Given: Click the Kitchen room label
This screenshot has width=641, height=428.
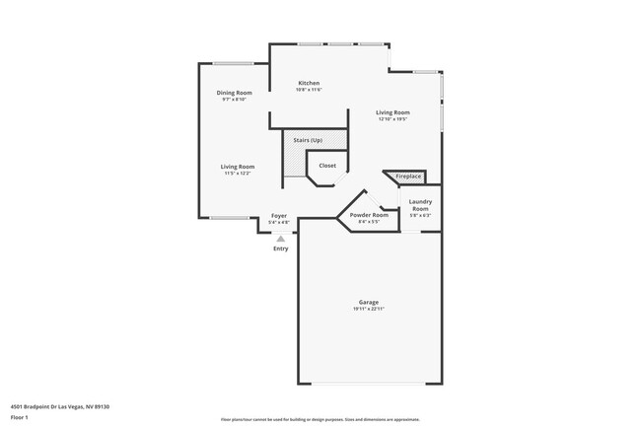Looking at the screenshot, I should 309,83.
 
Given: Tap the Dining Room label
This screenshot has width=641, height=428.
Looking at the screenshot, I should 235,93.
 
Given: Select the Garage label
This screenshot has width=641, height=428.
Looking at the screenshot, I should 368,302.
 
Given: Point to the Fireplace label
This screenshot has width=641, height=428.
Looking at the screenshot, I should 408,177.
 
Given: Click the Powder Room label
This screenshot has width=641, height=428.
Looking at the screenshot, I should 367,216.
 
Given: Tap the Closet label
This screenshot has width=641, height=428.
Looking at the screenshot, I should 327,166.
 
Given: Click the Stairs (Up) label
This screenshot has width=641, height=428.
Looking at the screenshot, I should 307,140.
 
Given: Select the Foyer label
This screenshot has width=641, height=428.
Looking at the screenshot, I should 279,215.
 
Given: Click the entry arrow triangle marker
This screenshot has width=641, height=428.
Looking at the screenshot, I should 281,238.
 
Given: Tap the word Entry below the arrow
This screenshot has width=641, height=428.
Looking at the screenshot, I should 281,249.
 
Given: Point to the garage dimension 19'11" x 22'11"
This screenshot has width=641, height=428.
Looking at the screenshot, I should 368,310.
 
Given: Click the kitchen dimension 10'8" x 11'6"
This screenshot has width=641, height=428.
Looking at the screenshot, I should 309,90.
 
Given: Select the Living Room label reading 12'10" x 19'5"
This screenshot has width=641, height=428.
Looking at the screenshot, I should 392,112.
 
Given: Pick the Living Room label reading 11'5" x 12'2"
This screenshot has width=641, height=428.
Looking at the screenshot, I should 238,167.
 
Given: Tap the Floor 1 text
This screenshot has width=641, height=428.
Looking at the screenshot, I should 20,417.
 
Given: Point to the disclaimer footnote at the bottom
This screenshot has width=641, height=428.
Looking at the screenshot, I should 320,419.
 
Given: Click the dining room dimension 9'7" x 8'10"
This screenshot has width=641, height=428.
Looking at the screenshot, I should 235,100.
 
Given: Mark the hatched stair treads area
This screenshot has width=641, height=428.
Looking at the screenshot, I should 295,158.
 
